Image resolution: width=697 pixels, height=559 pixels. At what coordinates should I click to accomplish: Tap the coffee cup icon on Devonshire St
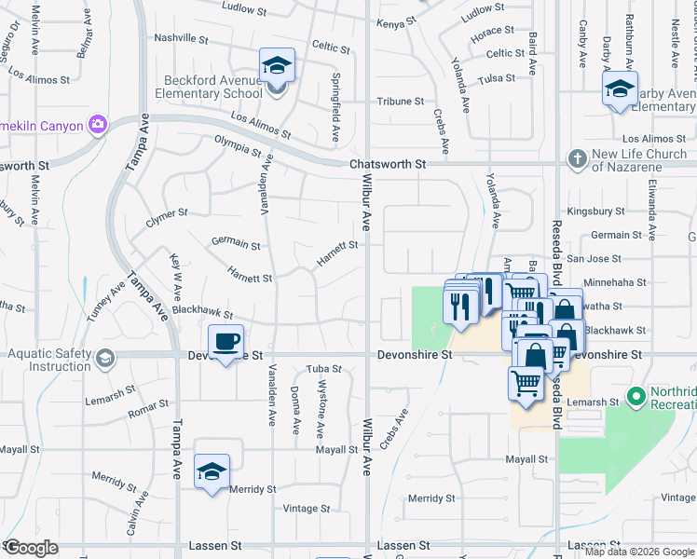[x=225, y=342]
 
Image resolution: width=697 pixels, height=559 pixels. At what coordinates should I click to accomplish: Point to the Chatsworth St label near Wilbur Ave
[x=388, y=164]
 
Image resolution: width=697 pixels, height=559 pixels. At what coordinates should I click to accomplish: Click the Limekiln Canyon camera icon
[x=98, y=124]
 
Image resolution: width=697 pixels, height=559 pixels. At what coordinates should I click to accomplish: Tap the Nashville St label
[x=181, y=39]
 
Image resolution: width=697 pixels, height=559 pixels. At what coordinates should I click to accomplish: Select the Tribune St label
[x=400, y=101]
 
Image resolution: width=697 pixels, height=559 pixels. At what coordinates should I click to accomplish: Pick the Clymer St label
[x=167, y=218]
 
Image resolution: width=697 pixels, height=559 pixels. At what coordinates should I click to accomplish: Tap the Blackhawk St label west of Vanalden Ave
[x=201, y=315]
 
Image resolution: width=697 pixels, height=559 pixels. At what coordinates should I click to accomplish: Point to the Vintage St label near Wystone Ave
[x=307, y=509]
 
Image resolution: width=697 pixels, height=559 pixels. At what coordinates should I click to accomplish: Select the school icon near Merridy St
[x=212, y=470]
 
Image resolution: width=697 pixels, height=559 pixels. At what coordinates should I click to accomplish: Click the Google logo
[x=31, y=548]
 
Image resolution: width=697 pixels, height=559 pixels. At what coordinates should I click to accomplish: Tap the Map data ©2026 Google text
[x=638, y=552]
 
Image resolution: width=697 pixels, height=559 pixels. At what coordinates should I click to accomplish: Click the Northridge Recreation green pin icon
[x=636, y=398]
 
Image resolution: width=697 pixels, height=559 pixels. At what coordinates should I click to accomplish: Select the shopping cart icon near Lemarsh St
[x=526, y=383]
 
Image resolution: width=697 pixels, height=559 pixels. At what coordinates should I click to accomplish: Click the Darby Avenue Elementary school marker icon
[x=619, y=89]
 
